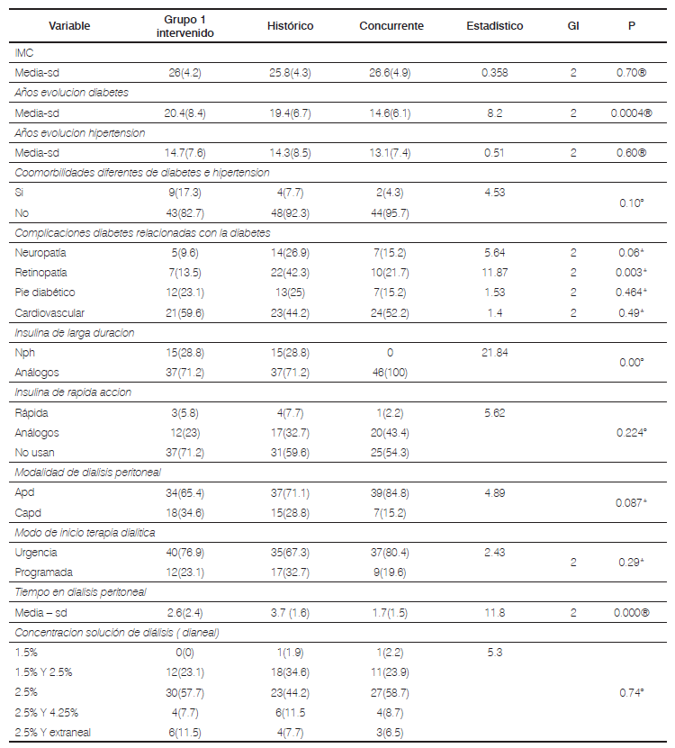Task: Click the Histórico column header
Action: tap(290, 26)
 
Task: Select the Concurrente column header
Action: tap(391, 26)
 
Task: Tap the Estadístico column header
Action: tap(494, 26)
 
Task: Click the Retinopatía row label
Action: tap(42, 272)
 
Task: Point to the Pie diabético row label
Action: tap(44, 292)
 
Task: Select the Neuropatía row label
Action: tap(41, 253)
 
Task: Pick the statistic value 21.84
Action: tap(494, 352)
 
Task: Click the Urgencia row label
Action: tap(37, 552)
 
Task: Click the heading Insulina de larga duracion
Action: tap(75, 332)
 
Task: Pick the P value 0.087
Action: tap(630, 502)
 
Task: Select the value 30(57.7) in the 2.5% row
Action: tap(186, 693)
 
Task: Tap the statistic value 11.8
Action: tap(494, 612)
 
